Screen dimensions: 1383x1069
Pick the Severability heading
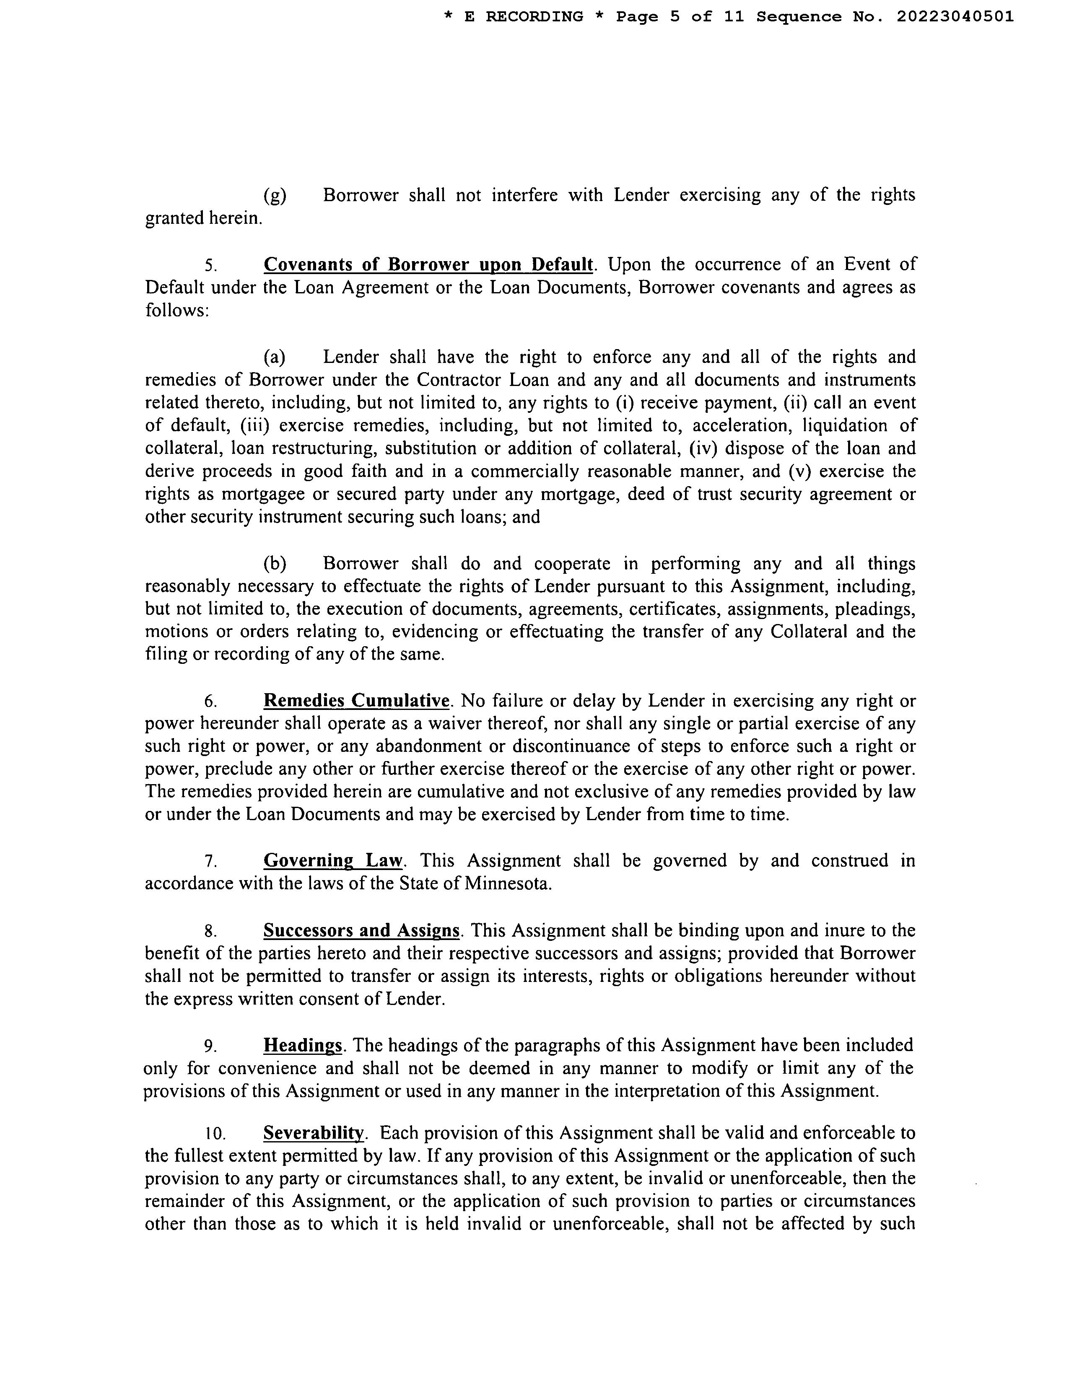[x=314, y=1132]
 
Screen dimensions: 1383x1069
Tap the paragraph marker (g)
[x=274, y=195]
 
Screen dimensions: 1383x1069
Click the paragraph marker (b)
[x=274, y=564]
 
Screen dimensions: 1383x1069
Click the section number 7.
[x=211, y=861]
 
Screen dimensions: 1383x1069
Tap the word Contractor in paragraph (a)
[x=457, y=380]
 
